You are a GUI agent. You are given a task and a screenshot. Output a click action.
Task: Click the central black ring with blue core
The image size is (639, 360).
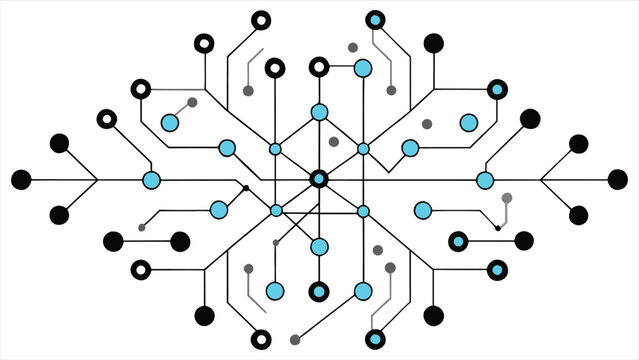[x=319, y=180]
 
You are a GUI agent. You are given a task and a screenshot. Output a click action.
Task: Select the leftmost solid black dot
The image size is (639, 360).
[x=21, y=180]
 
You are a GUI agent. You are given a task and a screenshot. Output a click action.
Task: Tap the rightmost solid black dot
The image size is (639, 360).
[x=618, y=180]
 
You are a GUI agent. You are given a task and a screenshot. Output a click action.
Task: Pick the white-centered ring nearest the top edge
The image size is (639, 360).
[x=260, y=20]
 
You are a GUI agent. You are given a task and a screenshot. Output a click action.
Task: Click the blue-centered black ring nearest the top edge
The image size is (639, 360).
[x=375, y=20]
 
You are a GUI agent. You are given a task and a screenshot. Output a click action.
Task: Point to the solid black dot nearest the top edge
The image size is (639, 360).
[x=434, y=43]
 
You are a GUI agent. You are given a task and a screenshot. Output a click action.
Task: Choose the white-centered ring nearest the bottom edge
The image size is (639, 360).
[x=260, y=338]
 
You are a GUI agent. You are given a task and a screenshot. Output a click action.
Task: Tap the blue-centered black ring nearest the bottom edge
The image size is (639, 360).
[x=375, y=339]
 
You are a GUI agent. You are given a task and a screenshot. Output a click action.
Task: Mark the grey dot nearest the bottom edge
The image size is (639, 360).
[x=294, y=340]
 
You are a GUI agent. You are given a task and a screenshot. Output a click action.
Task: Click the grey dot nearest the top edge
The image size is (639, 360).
[x=352, y=47]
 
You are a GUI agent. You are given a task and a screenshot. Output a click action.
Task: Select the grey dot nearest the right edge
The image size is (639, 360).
[x=507, y=198]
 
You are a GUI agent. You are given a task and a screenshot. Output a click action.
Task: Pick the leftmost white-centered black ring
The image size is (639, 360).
[x=107, y=119]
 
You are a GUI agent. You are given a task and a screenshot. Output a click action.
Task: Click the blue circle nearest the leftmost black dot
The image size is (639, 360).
[x=152, y=180]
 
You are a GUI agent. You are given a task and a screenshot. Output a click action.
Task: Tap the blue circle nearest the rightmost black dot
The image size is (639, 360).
[x=485, y=180]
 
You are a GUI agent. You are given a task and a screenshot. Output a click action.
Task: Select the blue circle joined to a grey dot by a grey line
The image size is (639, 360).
[x=170, y=123]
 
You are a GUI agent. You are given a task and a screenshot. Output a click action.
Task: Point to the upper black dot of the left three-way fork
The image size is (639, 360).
[x=59, y=143]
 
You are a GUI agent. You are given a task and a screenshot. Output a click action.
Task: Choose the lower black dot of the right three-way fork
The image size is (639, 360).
[x=578, y=215]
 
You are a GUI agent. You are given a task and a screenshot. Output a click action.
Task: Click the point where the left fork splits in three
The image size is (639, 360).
[x=97, y=180]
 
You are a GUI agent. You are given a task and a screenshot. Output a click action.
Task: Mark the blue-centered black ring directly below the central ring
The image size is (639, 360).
[x=319, y=291]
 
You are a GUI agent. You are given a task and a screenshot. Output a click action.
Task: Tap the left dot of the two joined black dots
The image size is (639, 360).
[x=114, y=241]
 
